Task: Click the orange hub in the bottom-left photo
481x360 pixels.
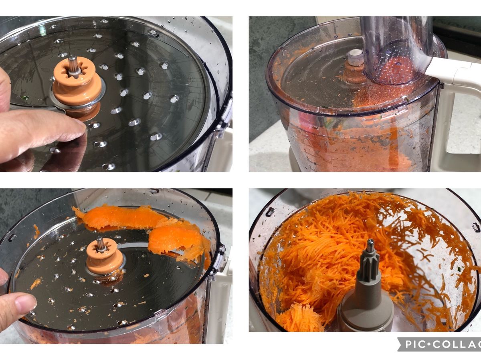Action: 105,259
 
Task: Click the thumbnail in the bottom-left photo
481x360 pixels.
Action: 26,303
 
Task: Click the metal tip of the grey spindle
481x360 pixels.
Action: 370,243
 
